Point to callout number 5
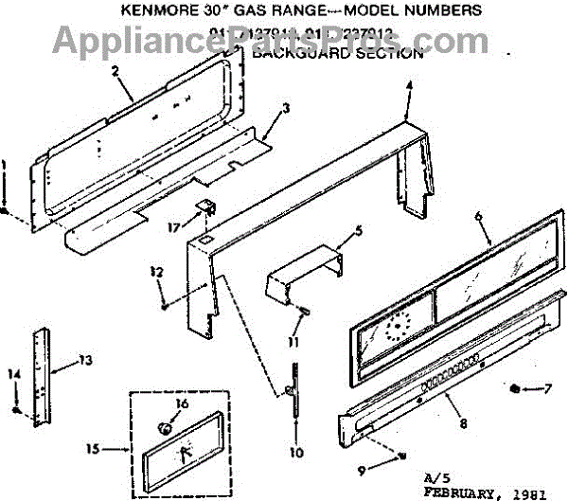click(x=359, y=230)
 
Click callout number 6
click(x=479, y=217)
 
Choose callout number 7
click(x=549, y=388)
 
